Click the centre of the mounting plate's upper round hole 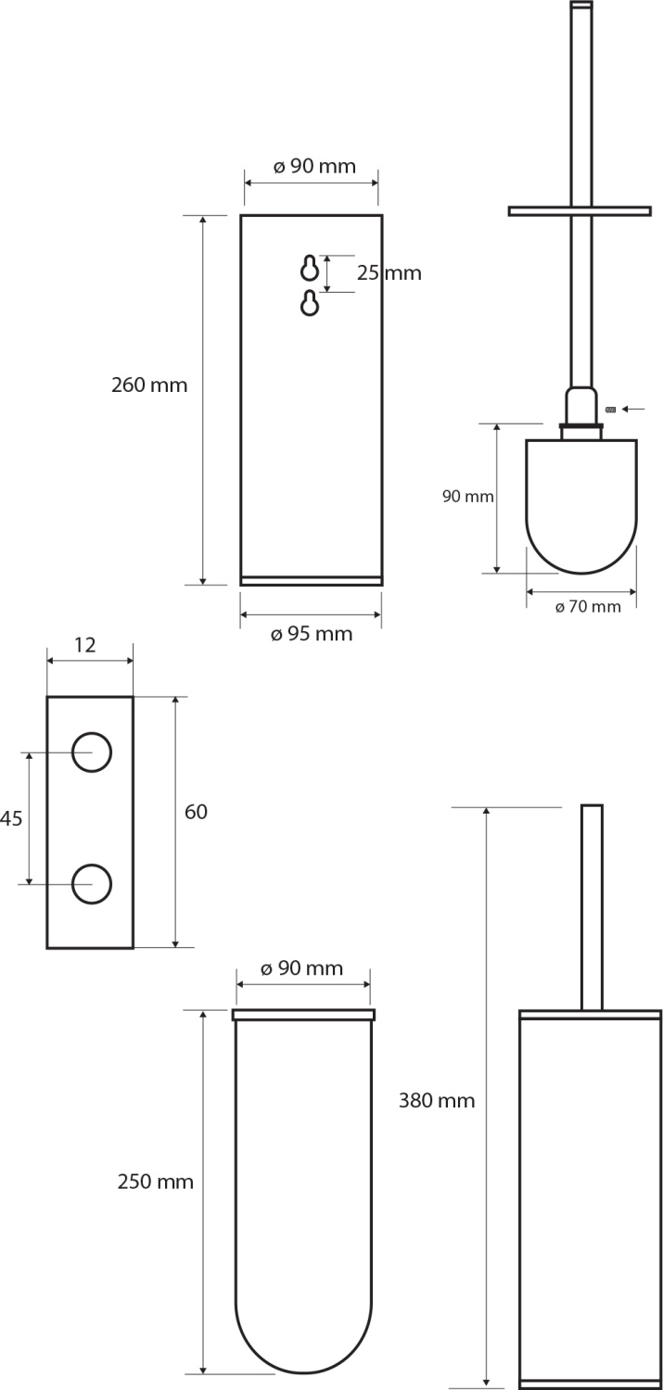[92, 752]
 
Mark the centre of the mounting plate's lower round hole [92, 884]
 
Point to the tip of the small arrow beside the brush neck [622, 409]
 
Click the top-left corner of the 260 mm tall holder [241, 215]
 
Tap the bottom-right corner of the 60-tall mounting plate [134, 948]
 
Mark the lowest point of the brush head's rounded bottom [581, 574]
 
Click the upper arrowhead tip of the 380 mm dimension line [487, 807]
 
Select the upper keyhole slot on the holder [310, 269]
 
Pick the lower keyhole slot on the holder [310, 303]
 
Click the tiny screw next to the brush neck [610, 409]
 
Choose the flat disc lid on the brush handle [580, 211]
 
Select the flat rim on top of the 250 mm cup [303, 1015]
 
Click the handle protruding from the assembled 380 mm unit [592, 907]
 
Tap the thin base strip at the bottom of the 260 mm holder [311, 581]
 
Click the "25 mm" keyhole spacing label [389, 273]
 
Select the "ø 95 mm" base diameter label [312, 634]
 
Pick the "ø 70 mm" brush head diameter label [588, 607]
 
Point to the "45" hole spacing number [11, 818]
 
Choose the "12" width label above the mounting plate [85, 645]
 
